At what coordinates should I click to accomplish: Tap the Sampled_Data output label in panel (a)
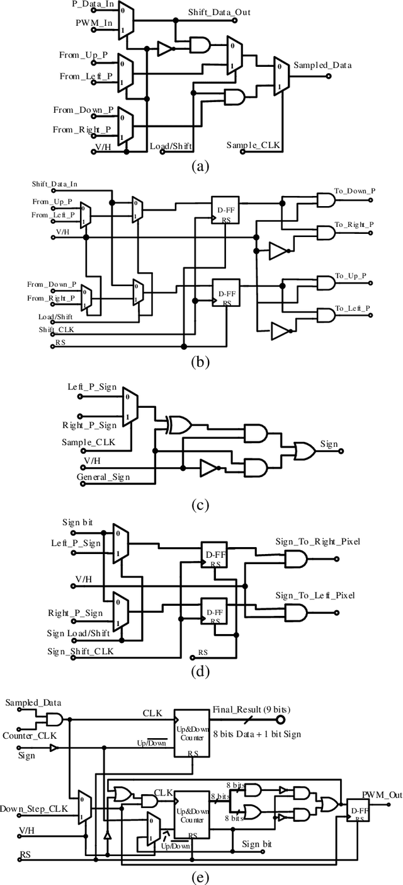tap(322, 65)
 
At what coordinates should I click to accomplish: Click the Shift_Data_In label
tap(55, 184)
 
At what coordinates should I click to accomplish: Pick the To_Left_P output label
tap(352, 308)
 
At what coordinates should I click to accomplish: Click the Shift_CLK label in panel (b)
tap(55, 329)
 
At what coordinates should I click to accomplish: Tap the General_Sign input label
tap(103, 477)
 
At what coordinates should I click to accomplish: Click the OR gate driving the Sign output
tap(306, 449)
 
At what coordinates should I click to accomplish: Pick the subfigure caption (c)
tap(200, 505)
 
